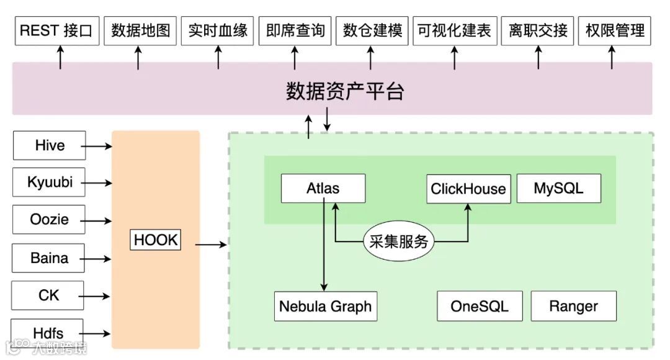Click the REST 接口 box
coord(55,31)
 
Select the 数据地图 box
coord(140,31)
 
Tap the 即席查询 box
coord(295,31)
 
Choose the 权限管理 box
coord(614,31)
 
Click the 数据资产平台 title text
coord(345,92)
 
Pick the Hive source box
coord(49,146)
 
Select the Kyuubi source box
coord(49,182)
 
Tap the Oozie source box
coord(49,220)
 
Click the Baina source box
coord(49,258)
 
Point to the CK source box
coord(49,295)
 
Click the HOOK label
coord(156,240)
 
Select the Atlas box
coord(323,188)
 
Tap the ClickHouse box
coord(468,189)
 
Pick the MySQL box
coord(558,188)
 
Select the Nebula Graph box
coord(325,306)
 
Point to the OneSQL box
coord(479,306)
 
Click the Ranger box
coord(573,306)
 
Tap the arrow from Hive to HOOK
coord(97,146)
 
